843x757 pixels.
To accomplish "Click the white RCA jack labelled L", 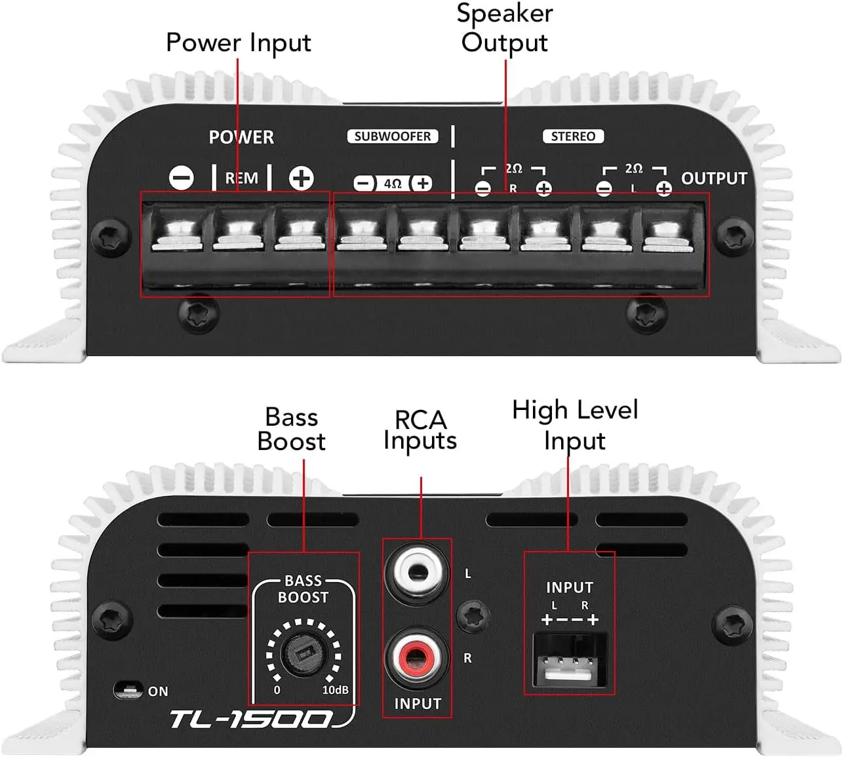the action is tap(416, 573).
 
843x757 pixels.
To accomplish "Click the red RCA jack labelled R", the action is tap(416, 657).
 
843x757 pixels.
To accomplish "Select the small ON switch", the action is tap(128, 690).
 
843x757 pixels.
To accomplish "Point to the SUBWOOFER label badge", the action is tap(393, 136).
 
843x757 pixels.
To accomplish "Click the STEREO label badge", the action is tap(573, 136).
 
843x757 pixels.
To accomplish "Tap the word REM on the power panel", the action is tap(241, 178).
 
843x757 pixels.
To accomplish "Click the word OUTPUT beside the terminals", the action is tap(714, 178).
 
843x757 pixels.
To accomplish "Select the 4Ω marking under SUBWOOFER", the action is tap(393, 183).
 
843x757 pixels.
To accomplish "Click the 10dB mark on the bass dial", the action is tap(336, 690).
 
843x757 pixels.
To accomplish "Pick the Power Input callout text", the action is tap(239, 43).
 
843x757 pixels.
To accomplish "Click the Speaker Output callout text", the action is tap(505, 28).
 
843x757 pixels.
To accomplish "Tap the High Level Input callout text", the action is tap(575, 424).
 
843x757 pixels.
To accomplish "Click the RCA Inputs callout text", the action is tap(420, 430).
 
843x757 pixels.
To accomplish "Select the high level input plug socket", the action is tap(570, 660).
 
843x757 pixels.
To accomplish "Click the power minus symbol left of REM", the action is tap(182, 178).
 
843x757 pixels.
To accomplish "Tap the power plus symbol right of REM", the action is tap(302, 178).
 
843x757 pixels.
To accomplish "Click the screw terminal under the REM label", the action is tap(239, 233).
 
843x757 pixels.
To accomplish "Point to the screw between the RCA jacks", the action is tap(473, 615).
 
